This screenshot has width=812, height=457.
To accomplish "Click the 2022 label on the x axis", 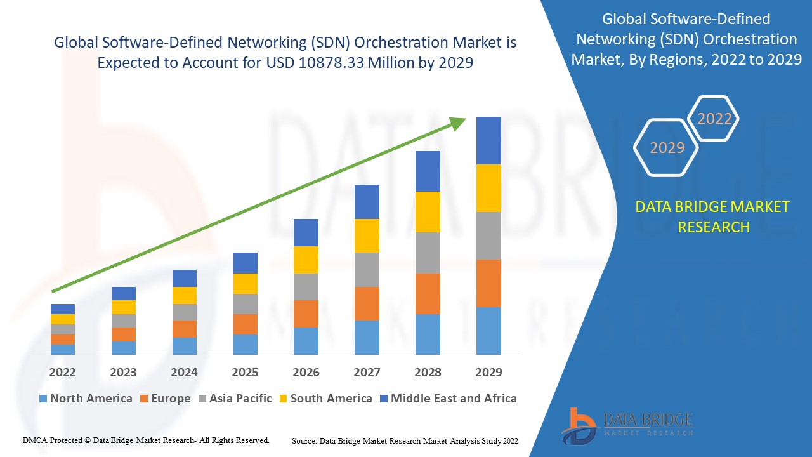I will pos(62,372).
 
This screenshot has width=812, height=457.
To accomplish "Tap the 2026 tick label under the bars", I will pos(306,372).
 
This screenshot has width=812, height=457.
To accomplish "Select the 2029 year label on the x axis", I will pos(488,372).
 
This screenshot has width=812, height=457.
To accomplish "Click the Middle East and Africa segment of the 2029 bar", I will pos(488,140).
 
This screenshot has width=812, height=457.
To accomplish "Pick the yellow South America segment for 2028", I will pos(428,211).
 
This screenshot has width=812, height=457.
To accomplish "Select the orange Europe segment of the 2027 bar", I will pos(367,303).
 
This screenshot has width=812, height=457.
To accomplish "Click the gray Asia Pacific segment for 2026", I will pos(306,286).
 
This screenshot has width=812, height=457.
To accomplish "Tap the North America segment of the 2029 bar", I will pos(488,331).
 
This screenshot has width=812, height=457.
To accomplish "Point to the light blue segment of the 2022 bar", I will pos(62,349).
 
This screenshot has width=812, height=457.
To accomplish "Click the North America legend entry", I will pos(86,399).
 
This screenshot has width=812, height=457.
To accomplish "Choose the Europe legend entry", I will pos(164,399).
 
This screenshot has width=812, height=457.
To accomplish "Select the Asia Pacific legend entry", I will pos(235,399).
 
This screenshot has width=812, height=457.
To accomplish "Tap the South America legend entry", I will pos(325,399).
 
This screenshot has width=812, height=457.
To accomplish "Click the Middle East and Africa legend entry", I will pos(448,399).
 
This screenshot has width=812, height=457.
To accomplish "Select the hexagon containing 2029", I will pos(666,148).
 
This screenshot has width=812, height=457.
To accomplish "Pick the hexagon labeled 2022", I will pos(714,119).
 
